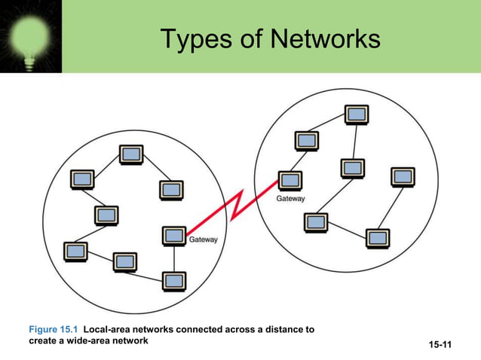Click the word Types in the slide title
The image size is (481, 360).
[x=193, y=38]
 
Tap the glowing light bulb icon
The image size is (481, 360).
[x=30, y=35]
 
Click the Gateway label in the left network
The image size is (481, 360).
[x=202, y=240]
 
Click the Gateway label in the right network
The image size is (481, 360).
[x=290, y=199]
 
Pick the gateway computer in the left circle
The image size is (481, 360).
[x=174, y=236]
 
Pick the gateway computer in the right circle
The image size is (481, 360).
[x=290, y=180]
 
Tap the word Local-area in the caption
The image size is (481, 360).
[x=108, y=329]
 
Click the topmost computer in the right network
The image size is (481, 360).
[x=357, y=114]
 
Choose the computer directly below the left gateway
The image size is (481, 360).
[x=174, y=281]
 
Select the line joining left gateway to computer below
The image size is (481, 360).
[x=174, y=258]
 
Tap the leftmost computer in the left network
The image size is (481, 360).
[x=75, y=252]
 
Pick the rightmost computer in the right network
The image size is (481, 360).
[x=402, y=176]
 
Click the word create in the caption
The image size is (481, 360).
[x=43, y=341]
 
